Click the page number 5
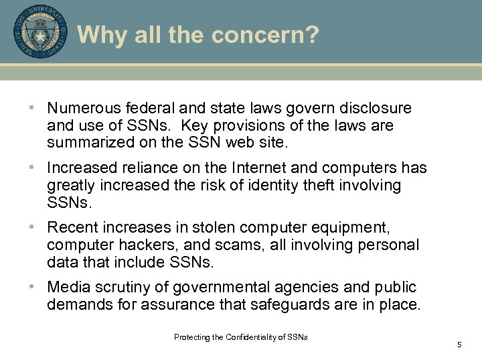pos(459,345)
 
